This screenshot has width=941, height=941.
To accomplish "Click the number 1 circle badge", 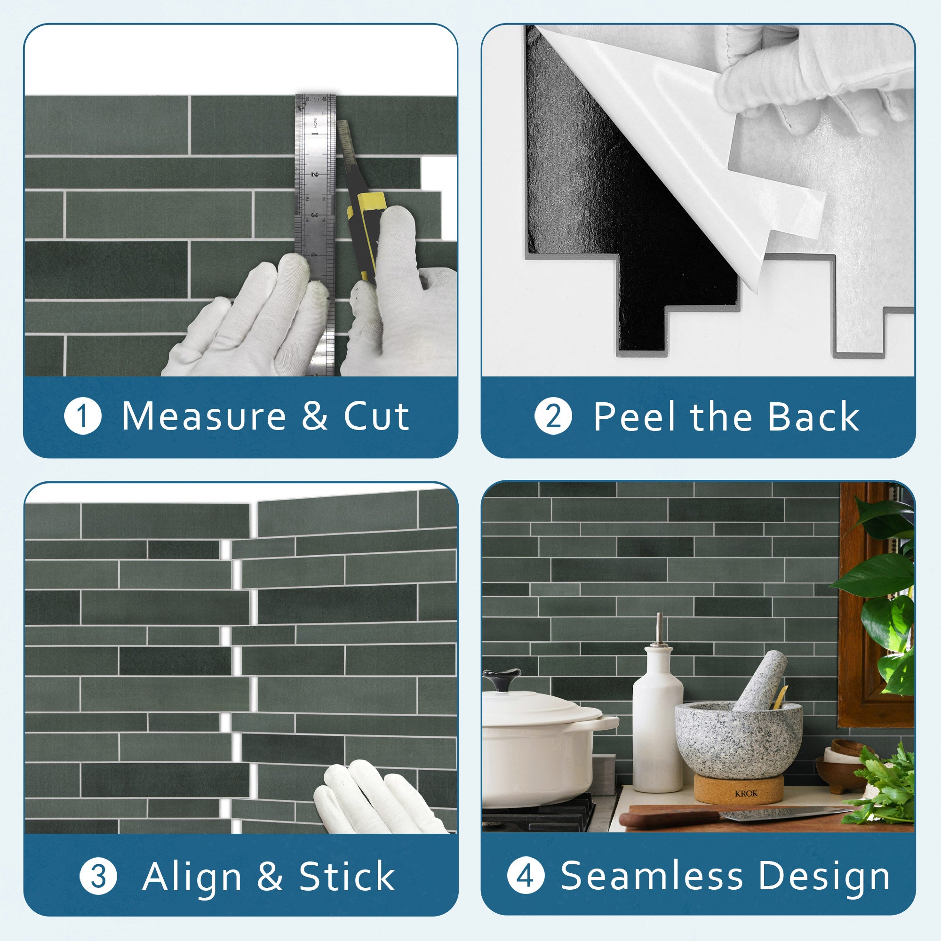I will (x=83, y=416).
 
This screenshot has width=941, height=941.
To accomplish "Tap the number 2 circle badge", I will (x=553, y=416).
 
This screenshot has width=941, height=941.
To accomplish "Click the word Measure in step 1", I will (x=204, y=416).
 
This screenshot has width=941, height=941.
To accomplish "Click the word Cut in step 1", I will (x=376, y=416).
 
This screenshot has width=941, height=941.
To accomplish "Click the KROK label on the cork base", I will (x=746, y=793).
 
